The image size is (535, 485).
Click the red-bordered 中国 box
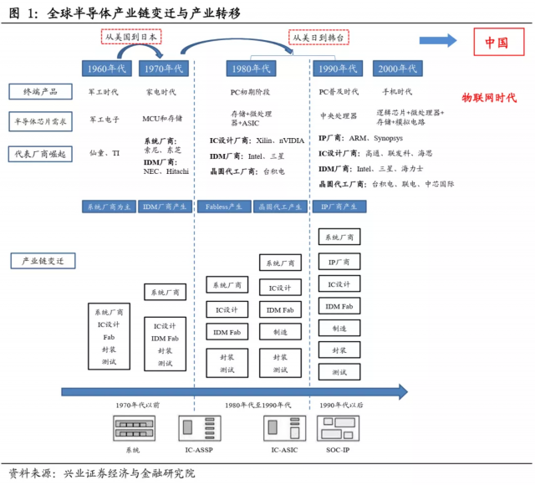(x=499, y=43)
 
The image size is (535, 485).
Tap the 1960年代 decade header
(x=106, y=68)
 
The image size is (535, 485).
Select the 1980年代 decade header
(x=251, y=68)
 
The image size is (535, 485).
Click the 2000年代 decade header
(x=397, y=68)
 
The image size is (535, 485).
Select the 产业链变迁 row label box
(x=42, y=261)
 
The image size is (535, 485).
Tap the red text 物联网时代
(x=489, y=98)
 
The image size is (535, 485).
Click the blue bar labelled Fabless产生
(x=224, y=206)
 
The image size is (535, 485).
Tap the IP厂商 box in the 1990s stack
(x=339, y=261)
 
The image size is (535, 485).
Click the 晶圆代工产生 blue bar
(x=280, y=206)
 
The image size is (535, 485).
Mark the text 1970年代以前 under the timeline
(x=137, y=405)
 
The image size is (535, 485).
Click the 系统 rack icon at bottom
(x=134, y=429)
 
